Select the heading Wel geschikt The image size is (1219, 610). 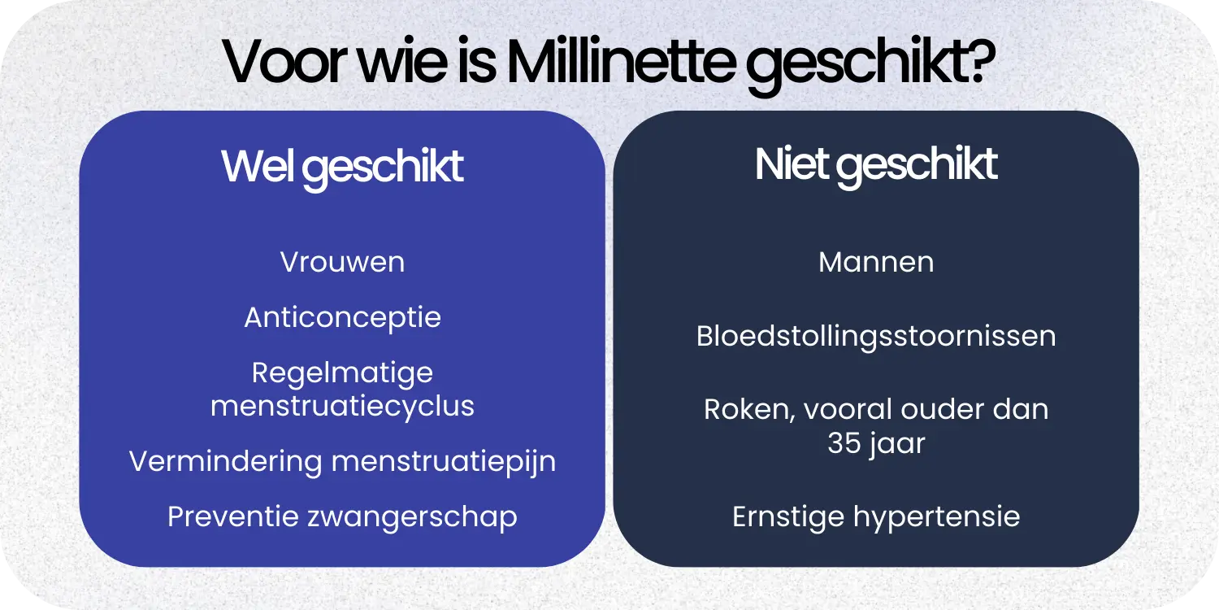342,167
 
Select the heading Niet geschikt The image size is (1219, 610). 876,165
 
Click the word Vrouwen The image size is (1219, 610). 342,262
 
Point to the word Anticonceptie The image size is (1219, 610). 342,317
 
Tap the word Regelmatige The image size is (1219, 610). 342,373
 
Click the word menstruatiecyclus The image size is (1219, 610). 342,405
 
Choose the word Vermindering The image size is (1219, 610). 225,461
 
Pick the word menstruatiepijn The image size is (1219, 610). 444,462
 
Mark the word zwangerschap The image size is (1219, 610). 411,517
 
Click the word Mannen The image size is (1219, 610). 876,262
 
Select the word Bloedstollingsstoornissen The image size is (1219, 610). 876,337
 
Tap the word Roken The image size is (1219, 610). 748,409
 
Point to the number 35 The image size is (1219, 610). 844,444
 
